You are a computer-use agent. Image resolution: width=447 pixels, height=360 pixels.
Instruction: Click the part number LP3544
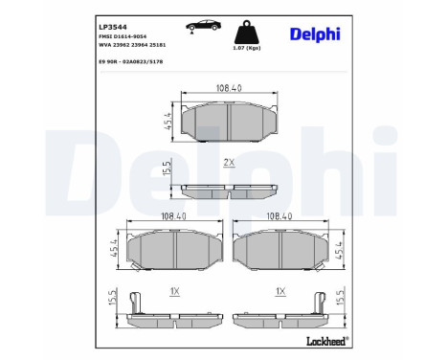coord(108,11)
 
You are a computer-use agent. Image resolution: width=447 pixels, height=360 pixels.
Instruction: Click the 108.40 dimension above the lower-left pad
coord(173,217)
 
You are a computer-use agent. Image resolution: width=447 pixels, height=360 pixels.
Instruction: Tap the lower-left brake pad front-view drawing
coord(174,250)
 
